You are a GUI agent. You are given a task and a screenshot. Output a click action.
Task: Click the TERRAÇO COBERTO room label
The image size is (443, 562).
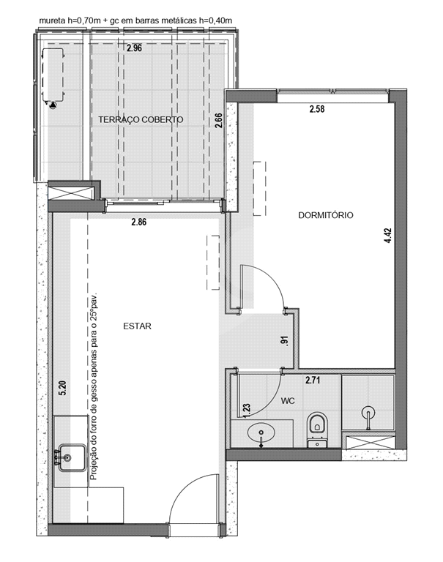pos(141,119)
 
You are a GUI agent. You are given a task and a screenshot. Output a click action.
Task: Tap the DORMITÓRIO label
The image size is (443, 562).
pos(326,215)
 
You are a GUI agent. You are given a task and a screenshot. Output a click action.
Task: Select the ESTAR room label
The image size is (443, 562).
pos(137,326)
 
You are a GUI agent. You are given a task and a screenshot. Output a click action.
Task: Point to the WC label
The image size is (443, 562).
pos(288,401)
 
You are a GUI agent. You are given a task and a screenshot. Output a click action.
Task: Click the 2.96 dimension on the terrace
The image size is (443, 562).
pos(134,48)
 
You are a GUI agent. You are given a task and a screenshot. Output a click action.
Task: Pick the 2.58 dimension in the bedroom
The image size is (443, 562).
pos(317,108)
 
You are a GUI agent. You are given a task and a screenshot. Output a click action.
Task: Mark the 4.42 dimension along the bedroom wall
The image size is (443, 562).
pos(388,236)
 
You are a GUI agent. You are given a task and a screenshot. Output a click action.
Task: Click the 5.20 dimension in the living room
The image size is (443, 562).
pos(62,388)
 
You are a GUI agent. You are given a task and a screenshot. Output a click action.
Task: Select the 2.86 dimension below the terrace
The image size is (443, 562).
pos(139,222)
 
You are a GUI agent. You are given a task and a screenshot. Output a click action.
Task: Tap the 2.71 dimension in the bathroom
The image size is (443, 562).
pos(313,380)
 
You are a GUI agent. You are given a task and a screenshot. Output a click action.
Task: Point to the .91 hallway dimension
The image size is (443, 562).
pos(285,340)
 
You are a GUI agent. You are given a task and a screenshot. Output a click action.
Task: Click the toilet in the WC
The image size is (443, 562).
pos(318,430)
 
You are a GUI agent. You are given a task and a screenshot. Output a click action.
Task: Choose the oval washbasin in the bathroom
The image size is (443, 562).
pos(261,433)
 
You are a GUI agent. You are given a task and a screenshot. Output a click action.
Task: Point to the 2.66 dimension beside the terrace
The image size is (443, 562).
pos(218,121)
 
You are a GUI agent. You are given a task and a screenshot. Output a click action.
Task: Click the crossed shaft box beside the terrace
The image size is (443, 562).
pos(71,192)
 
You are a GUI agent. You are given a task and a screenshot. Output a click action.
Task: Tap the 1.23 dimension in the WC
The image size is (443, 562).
pos(247,411)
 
